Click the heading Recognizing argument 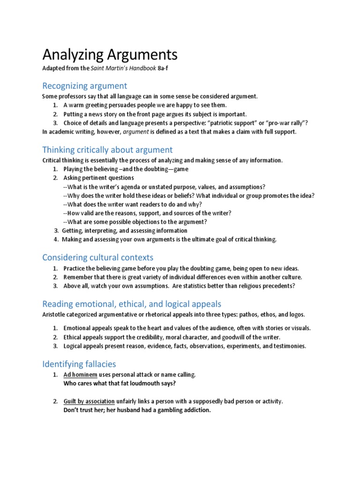(84, 86)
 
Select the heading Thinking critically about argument (107, 150)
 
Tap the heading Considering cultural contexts (97, 257)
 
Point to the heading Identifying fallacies (79, 364)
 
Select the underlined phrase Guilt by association (89, 402)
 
